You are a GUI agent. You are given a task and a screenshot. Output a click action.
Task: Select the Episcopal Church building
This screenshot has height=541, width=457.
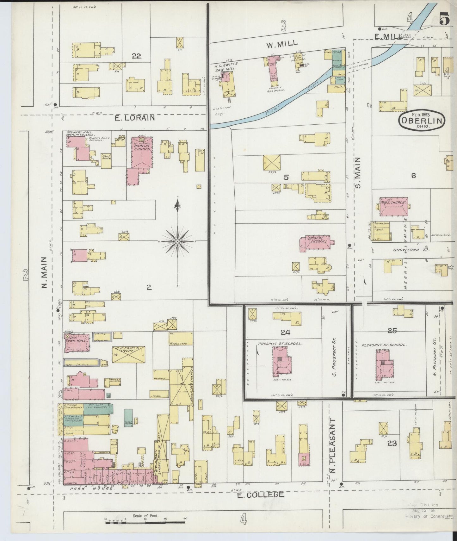(316, 242)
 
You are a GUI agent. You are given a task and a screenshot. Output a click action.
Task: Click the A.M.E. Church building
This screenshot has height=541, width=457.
(393, 207)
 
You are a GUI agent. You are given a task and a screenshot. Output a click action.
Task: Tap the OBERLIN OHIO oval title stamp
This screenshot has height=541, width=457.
(422, 121)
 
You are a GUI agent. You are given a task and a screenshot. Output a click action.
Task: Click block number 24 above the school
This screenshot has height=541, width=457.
(285, 333)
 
